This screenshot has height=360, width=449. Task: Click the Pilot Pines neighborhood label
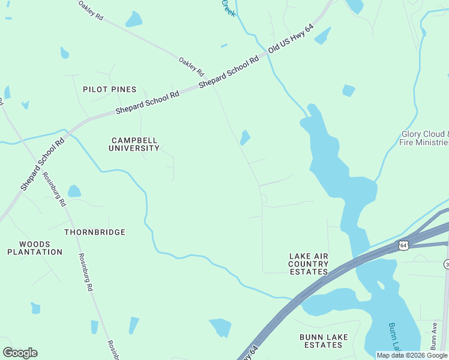tap(110, 89)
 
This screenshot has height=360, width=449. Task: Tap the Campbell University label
tap(134, 144)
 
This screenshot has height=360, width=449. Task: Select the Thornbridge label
tap(95, 232)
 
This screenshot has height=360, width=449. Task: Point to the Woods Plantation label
tap(35, 248)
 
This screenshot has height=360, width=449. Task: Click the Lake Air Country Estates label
tap(309, 264)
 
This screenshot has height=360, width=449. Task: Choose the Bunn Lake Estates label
tap(324, 341)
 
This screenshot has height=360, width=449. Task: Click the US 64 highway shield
tap(403, 245)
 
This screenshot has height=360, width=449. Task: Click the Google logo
tap(20, 353)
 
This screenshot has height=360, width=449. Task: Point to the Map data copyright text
tap(412, 355)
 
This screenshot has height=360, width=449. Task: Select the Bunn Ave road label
tap(434, 336)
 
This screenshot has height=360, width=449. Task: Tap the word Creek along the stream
tap(228, 8)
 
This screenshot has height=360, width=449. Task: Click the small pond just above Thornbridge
tap(74, 191)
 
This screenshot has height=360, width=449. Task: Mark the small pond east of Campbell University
tap(245, 138)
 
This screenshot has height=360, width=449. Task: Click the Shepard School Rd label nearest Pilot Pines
tap(147, 103)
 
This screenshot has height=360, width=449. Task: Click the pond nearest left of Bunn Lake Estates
tap(220, 327)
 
